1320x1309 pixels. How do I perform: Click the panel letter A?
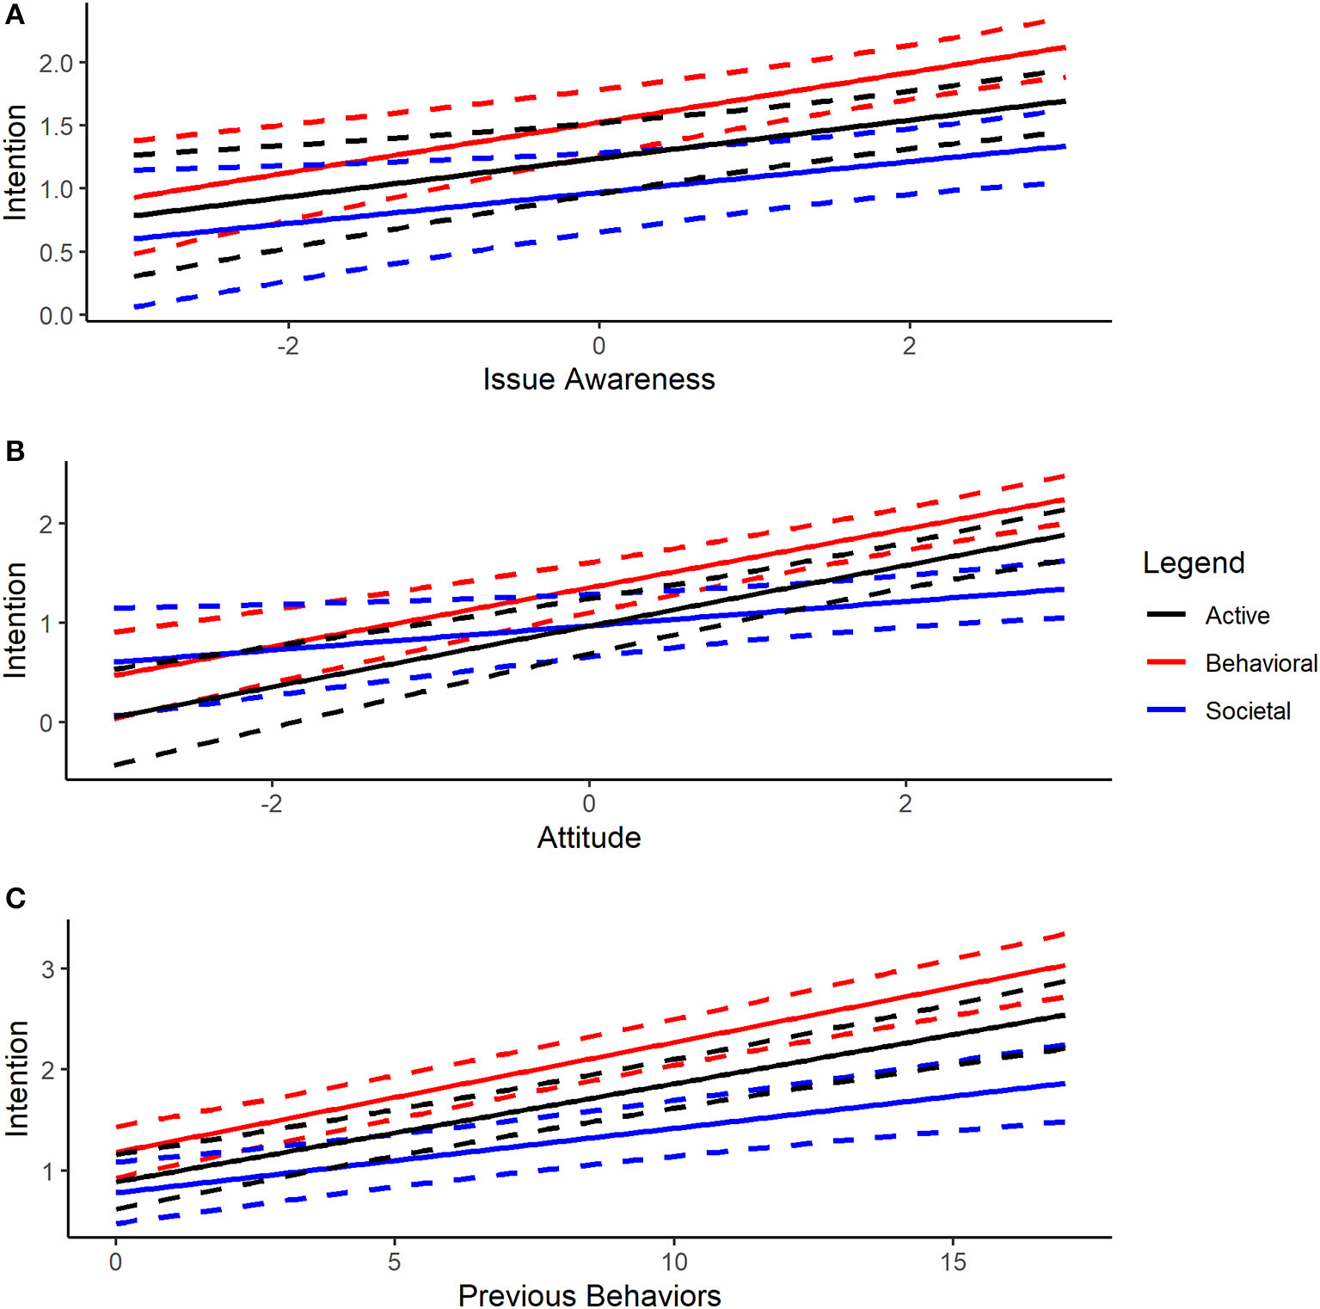click(x=15, y=15)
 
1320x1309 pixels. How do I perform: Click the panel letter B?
click(x=15, y=451)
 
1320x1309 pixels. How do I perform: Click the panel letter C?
click(x=15, y=898)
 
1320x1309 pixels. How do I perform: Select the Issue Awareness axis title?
click(x=599, y=379)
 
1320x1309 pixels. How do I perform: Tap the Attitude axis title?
click(x=589, y=838)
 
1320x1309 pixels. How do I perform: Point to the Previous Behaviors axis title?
click(x=589, y=1294)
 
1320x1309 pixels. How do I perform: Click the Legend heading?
click(x=1194, y=562)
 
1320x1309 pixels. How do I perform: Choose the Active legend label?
click(x=1237, y=616)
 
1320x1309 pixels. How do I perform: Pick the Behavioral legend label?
click(x=1261, y=663)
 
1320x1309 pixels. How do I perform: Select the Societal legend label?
click(x=1248, y=711)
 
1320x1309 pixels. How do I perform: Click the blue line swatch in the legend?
click(x=1166, y=710)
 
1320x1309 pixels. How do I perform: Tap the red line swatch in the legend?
click(x=1166, y=663)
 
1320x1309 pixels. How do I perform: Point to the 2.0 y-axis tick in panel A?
click(x=56, y=64)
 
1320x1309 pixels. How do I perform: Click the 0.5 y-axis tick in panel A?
click(x=56, y=253)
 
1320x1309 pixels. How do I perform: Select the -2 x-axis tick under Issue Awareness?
click(x=288, y=346)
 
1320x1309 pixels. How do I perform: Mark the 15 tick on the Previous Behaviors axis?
click(x=953, y=1263)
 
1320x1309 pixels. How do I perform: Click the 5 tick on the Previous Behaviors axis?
click(x=395, y=1263)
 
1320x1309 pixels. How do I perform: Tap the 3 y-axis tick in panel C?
click(x=47, y=969)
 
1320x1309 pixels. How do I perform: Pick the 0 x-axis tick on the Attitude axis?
click(x=589, y=803)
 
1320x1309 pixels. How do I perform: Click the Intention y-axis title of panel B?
click(x=15, y=620)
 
